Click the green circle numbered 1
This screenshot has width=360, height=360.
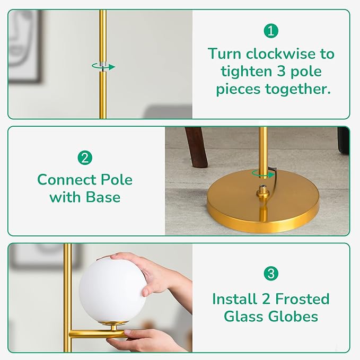click(x=271, y=31)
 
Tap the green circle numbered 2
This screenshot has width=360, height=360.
click(x=85, y=157)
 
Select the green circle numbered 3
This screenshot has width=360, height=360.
click(x=271, y=273)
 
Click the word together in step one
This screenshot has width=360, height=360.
click(x=298, y=89)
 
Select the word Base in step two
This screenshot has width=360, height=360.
click(x=103, y=197)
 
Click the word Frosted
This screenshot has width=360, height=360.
click(x=302, y=298)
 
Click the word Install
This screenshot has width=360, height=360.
click(x=234, y=298)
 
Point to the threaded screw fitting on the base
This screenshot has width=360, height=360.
click(x=263, y=190)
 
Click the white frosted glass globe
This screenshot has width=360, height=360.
click(x=112, y=291)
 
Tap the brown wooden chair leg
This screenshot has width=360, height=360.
click(x=197, y=147)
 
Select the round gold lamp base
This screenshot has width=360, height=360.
click(x=263, y=202)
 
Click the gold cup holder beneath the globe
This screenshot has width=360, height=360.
click(x=113, y=325)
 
